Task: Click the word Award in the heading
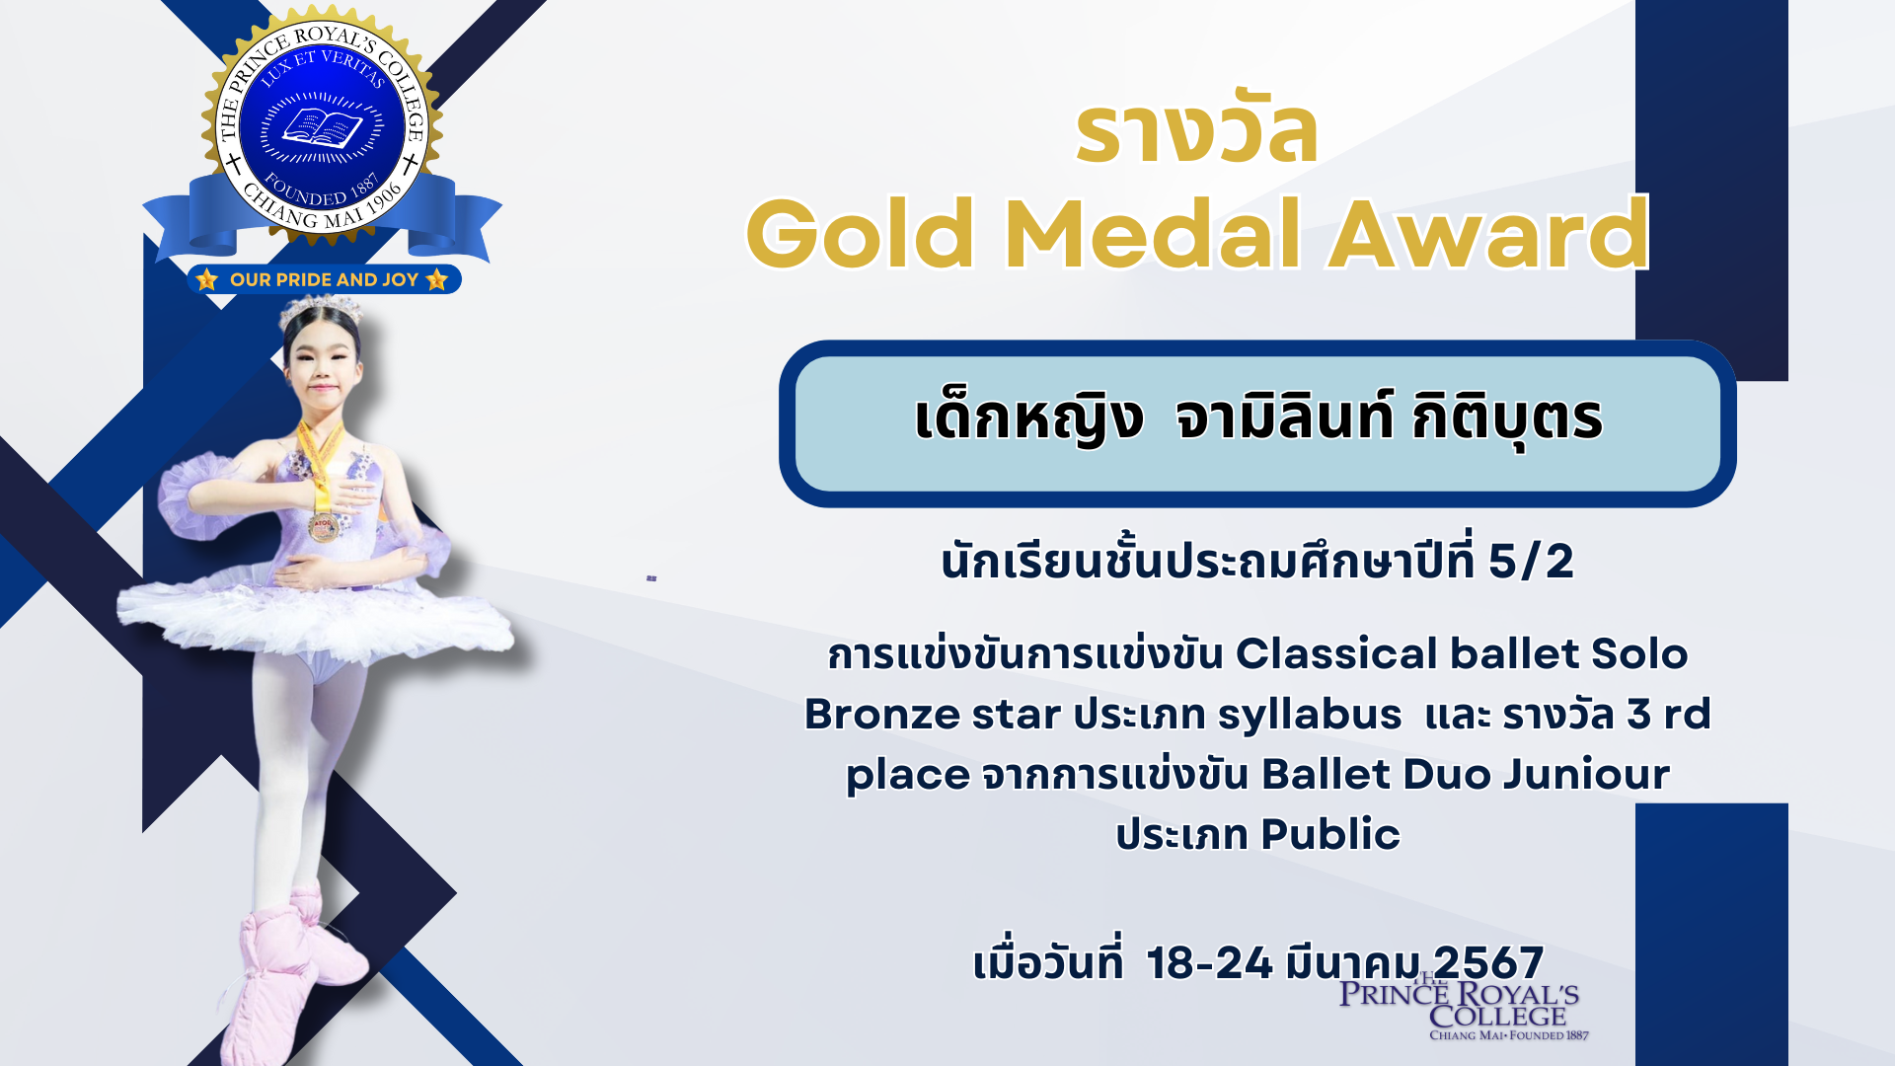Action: click(1488, 234)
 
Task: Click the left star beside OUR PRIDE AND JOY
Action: click(206, 279)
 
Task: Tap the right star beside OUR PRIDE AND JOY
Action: click(437, 279)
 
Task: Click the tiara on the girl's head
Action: click(320, 310)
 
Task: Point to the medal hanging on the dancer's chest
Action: click(323, 526)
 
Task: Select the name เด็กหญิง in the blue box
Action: click(1028, 418)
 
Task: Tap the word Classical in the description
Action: click(1336, 653)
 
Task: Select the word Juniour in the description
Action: click(1586, 774)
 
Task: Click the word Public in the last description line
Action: click(1330, 834)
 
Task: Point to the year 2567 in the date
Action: click(1488, 962)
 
